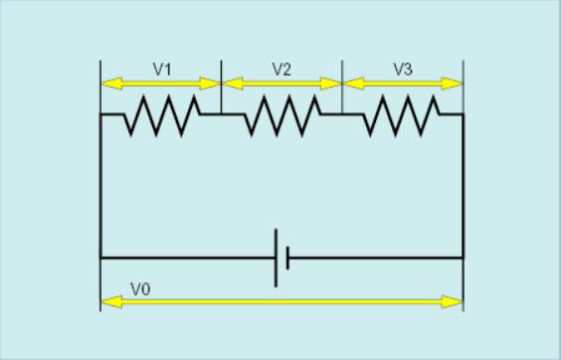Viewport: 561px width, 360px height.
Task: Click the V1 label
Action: coord(162,70)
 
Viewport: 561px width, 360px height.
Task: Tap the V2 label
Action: coord(281,70)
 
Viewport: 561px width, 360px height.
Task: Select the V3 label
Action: coord(403,70)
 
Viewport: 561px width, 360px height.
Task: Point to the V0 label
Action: coord(140,289)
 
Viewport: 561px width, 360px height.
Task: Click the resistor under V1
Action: coord(162,115)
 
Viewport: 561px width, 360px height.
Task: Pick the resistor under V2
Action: coord(282,115)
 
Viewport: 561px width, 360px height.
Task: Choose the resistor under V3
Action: coord(402,115)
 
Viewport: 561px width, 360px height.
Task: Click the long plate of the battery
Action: coord(276,258)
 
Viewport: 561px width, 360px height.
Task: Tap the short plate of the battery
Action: coord(288,258)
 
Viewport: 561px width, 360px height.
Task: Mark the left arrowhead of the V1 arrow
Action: coord(111,84)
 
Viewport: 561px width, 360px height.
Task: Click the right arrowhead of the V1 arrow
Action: coord(210,84)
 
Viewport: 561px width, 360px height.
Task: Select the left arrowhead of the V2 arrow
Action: coord(233,84)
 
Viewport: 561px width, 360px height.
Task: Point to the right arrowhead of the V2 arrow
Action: coord(330,84)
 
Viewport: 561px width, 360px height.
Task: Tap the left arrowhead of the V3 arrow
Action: coord(353,84)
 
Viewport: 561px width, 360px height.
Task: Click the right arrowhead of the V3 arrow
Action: coord(452,84)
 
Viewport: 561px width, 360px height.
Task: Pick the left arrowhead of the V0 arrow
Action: coord(111,302)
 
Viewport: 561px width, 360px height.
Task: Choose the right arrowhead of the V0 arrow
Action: coord(452,302)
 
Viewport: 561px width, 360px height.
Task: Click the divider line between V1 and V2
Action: coord(221,87)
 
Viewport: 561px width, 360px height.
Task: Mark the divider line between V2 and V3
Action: coord(342,87)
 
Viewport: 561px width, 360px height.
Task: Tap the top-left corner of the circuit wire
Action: coord(100,114)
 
